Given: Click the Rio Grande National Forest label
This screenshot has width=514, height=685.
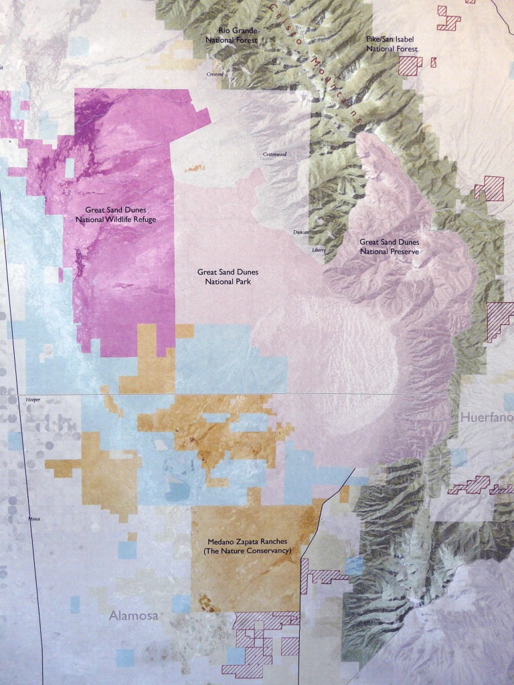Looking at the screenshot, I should (x=238, y=35).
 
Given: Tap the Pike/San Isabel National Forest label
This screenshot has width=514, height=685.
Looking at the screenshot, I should (x=392, y=45).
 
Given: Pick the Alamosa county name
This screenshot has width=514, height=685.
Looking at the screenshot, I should (x=134, y=616).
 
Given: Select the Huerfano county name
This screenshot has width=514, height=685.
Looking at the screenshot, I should (x=486, y=417).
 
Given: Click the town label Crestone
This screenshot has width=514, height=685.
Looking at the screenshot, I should (x=215, y=74).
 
